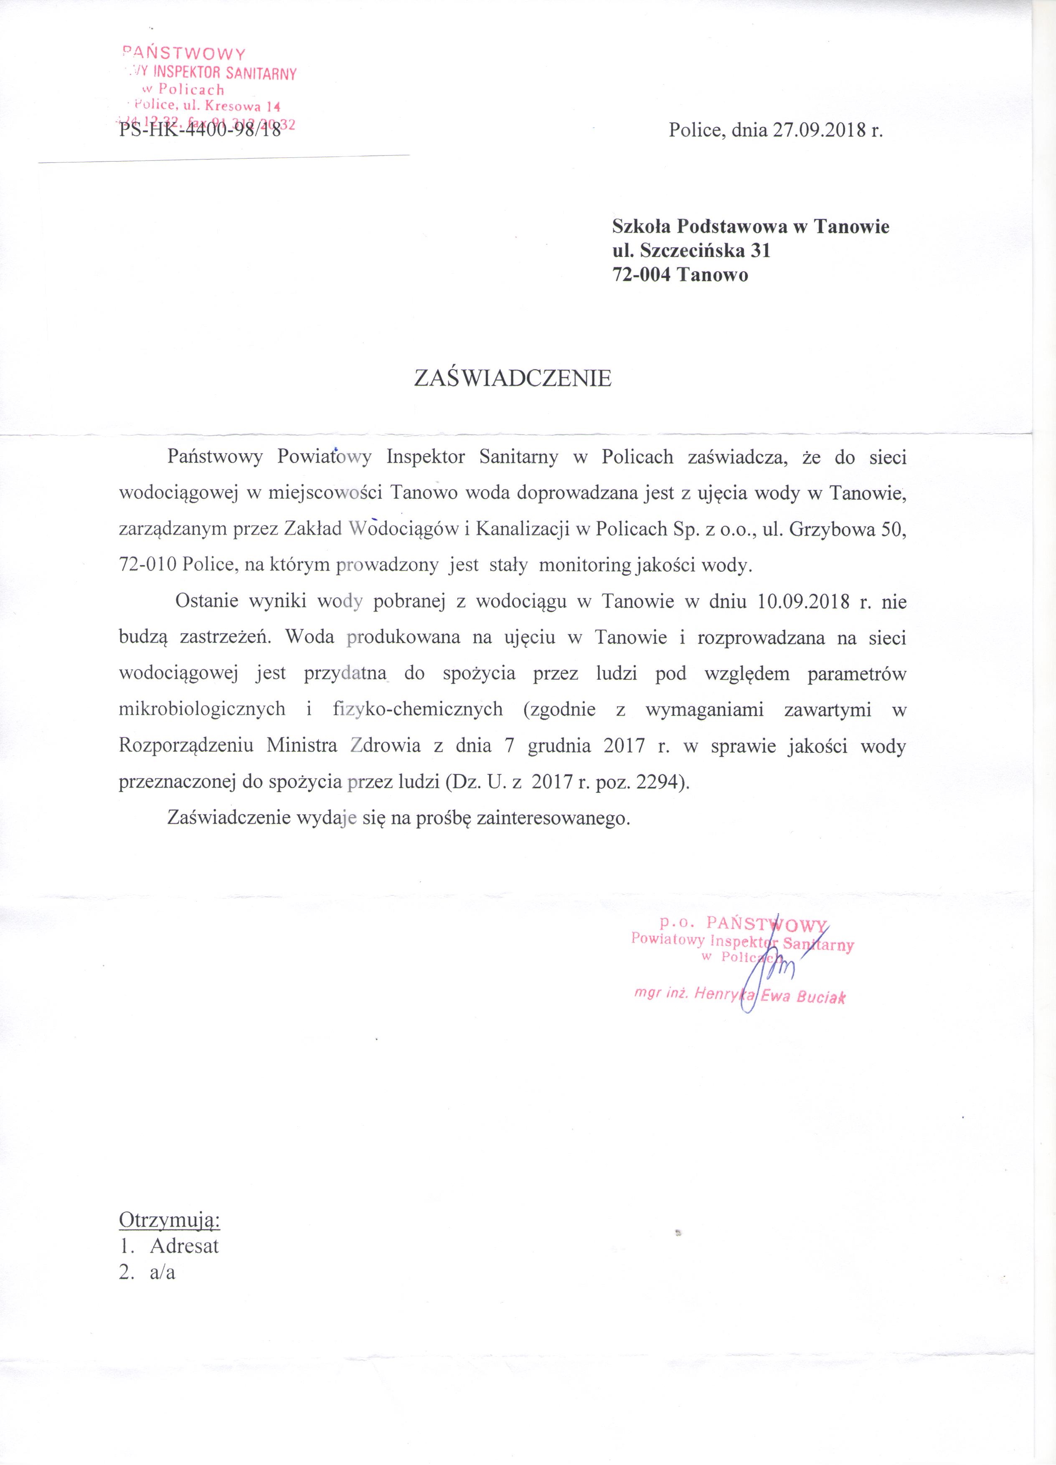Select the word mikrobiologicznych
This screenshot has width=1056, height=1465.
[202, 710]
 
